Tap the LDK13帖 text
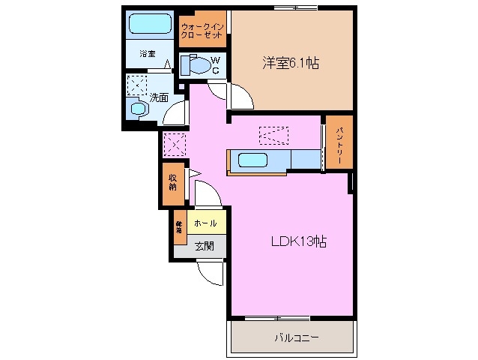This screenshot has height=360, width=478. coord(297,242)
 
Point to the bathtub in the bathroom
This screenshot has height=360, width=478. coord(151,25)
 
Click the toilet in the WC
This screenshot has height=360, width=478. coord(195,66)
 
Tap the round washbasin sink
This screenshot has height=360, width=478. coord(139,109)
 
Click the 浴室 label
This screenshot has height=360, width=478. coord(148,54)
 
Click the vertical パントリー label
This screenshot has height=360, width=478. coord(339,142)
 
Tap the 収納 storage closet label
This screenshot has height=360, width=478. coord(173,182)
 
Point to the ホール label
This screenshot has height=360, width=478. coord(205,223)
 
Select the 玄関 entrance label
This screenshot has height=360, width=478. coord(205,245)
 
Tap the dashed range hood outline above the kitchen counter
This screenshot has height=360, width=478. coord(274,136)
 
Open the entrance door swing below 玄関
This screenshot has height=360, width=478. coord(209,273)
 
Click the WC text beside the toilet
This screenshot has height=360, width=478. coord(214,64)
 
